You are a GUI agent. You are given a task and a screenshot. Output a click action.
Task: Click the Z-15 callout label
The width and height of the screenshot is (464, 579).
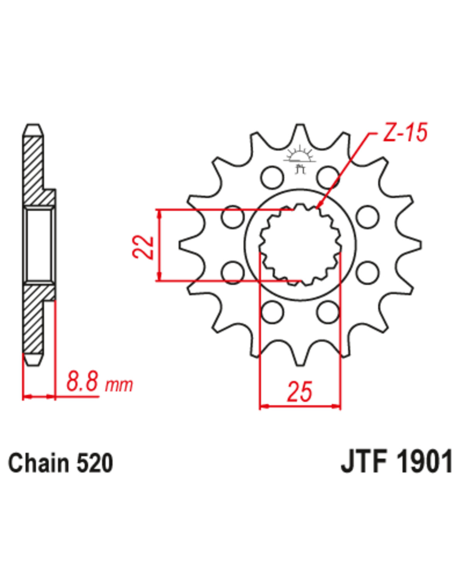[405, 133]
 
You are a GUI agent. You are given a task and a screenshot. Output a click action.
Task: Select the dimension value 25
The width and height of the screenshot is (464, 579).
[299, 391]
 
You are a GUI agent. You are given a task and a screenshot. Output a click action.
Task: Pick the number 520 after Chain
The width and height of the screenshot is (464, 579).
[95, 463]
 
